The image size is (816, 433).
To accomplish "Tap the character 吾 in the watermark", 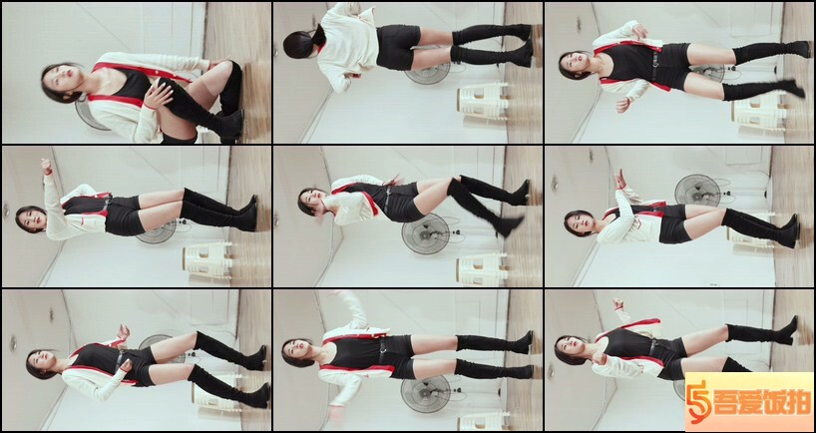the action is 726,403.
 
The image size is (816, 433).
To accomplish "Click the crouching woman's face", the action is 64,81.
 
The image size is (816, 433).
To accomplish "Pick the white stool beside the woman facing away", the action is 483,100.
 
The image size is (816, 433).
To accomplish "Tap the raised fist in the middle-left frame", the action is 47,166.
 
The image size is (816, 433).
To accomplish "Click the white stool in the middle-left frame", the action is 207,259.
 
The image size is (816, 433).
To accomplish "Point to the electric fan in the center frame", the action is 427,233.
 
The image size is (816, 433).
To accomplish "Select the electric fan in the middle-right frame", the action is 697,190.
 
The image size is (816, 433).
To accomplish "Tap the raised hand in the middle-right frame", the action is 619,179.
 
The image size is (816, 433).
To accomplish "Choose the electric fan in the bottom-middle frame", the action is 426,394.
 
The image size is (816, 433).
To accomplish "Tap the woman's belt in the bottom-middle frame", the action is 382,351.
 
